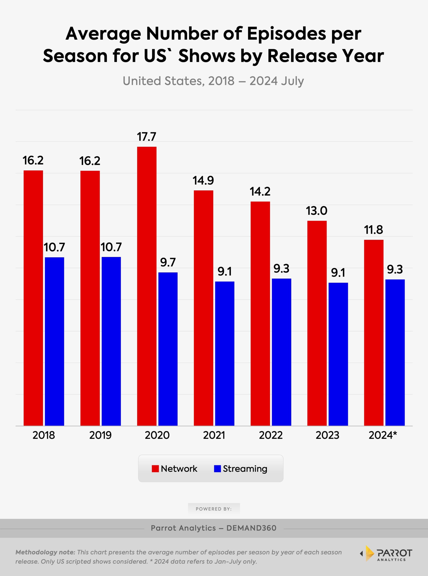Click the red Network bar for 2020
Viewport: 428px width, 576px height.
pos(147,286)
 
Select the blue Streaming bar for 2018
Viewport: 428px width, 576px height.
pos(54,341)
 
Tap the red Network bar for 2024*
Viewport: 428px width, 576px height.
pos(374,333)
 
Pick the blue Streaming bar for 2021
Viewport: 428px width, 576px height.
pos(225,354)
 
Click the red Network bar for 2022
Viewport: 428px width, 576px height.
pos(260,314)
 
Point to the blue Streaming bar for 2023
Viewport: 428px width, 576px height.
pos(338,354)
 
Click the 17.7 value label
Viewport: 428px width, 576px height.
pos(147,137)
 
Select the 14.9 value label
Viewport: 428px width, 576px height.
pos(203,180)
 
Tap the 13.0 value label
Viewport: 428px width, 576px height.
pos(317,211)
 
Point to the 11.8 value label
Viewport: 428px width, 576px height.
pos(373,230)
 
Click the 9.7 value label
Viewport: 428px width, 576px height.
pos(168,262)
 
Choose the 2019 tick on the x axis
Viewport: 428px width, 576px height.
pos(101,435)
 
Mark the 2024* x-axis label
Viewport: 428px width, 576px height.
pos(383,435)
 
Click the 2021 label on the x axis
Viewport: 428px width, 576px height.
pos(214,435)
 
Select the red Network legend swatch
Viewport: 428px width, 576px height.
pos(155,469)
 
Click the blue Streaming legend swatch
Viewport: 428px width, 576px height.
pos(217,469)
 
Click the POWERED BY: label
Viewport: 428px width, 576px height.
pos(214,509)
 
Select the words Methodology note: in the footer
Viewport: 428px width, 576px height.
pos(45,552)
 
